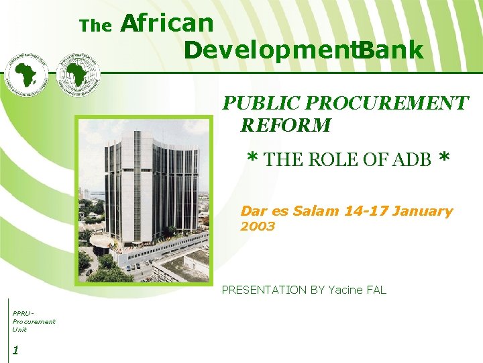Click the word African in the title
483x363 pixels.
click(166, 23)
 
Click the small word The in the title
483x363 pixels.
click(95, 26)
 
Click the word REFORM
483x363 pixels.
click(286, 125)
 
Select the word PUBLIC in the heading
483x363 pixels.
click(262, 103)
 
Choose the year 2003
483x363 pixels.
click(258, 227)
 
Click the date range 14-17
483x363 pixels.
click(366, 211)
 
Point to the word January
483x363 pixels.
click(423, 211)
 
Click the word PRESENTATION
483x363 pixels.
click(264, 290)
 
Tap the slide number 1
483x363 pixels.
click(15, 350)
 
